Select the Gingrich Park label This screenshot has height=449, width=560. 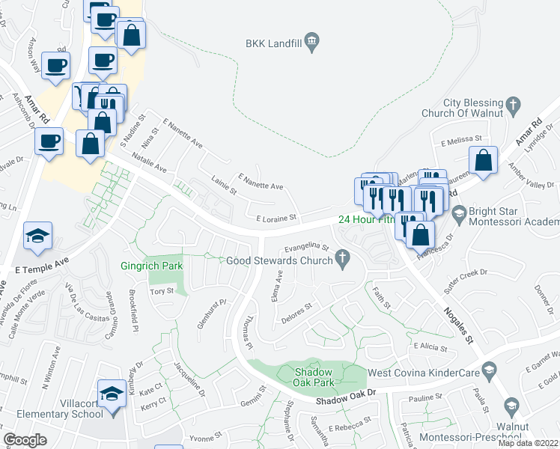(152, 265)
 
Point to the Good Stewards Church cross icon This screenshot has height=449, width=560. (343, 260)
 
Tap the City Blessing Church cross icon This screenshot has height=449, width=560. (513, 106)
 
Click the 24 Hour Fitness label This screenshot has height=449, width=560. (365, 220)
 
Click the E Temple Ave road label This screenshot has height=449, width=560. (41, 264)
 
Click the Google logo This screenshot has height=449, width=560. (25, 439)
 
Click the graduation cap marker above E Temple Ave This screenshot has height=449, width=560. (37, 236)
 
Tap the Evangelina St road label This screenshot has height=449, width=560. (305, 247)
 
